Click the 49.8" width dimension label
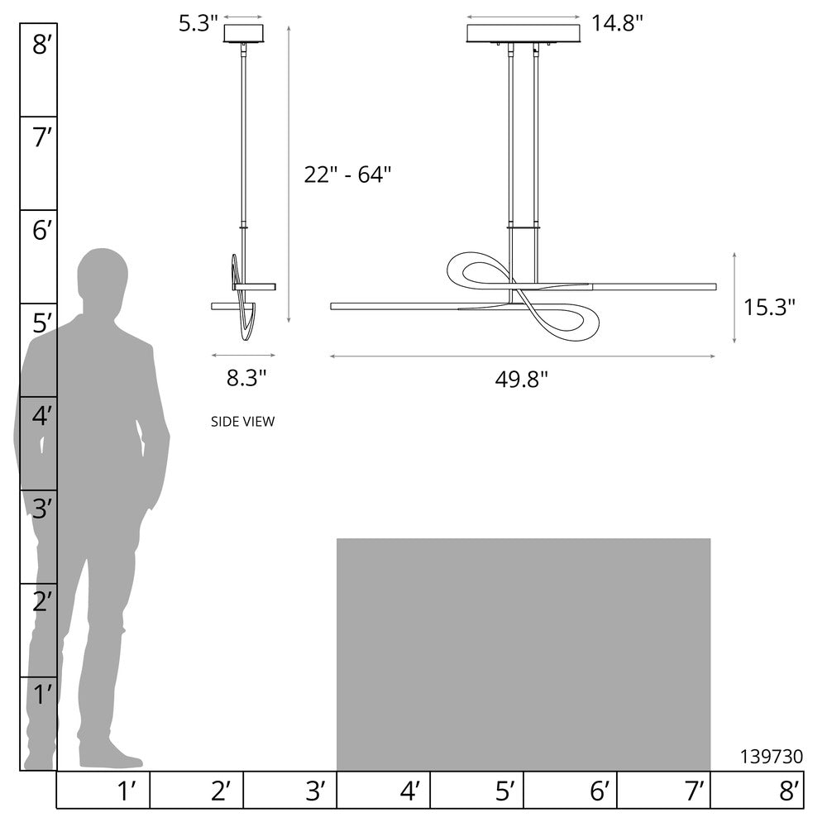click(x=521, y=379)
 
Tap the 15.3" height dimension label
click(x=769, y=307)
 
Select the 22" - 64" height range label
click(x=347, y=174)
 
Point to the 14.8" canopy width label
click(x=617, y=23)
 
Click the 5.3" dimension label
click(x=198, y=23)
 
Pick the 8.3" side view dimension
click(x=246, y=378)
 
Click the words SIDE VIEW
click(x=242, y=422)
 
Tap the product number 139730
click(x=772, y=757)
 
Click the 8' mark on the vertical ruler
click(x=42, y=45)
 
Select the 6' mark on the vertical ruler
click(x=42, y=231)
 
